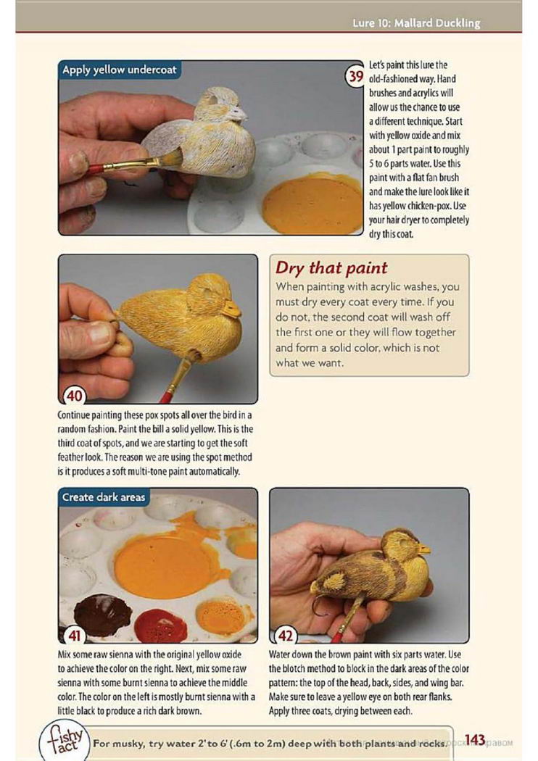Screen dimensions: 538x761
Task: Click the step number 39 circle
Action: click(354, 77)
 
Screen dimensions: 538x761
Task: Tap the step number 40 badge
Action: click(74, 396)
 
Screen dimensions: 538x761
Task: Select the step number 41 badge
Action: click(74, 635)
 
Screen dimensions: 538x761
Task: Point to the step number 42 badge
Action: click(286, 635)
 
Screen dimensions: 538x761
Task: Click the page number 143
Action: click(474, 739)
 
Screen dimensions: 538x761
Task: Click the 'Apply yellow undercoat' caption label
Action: click(120, 70)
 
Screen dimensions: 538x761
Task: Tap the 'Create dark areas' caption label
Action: click(104, 497)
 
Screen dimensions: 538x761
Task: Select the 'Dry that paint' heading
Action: click(331, 267)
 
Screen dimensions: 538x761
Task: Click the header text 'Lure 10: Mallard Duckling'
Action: click(416, 22)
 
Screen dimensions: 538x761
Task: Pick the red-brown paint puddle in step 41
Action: click(161, 626)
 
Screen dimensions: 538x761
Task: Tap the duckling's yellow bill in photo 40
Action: click(232, 309)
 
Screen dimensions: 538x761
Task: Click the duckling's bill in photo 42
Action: click(424, 550)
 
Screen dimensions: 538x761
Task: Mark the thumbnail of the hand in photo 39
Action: click(78, 162)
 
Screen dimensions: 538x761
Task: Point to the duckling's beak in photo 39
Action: click(240, 114)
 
